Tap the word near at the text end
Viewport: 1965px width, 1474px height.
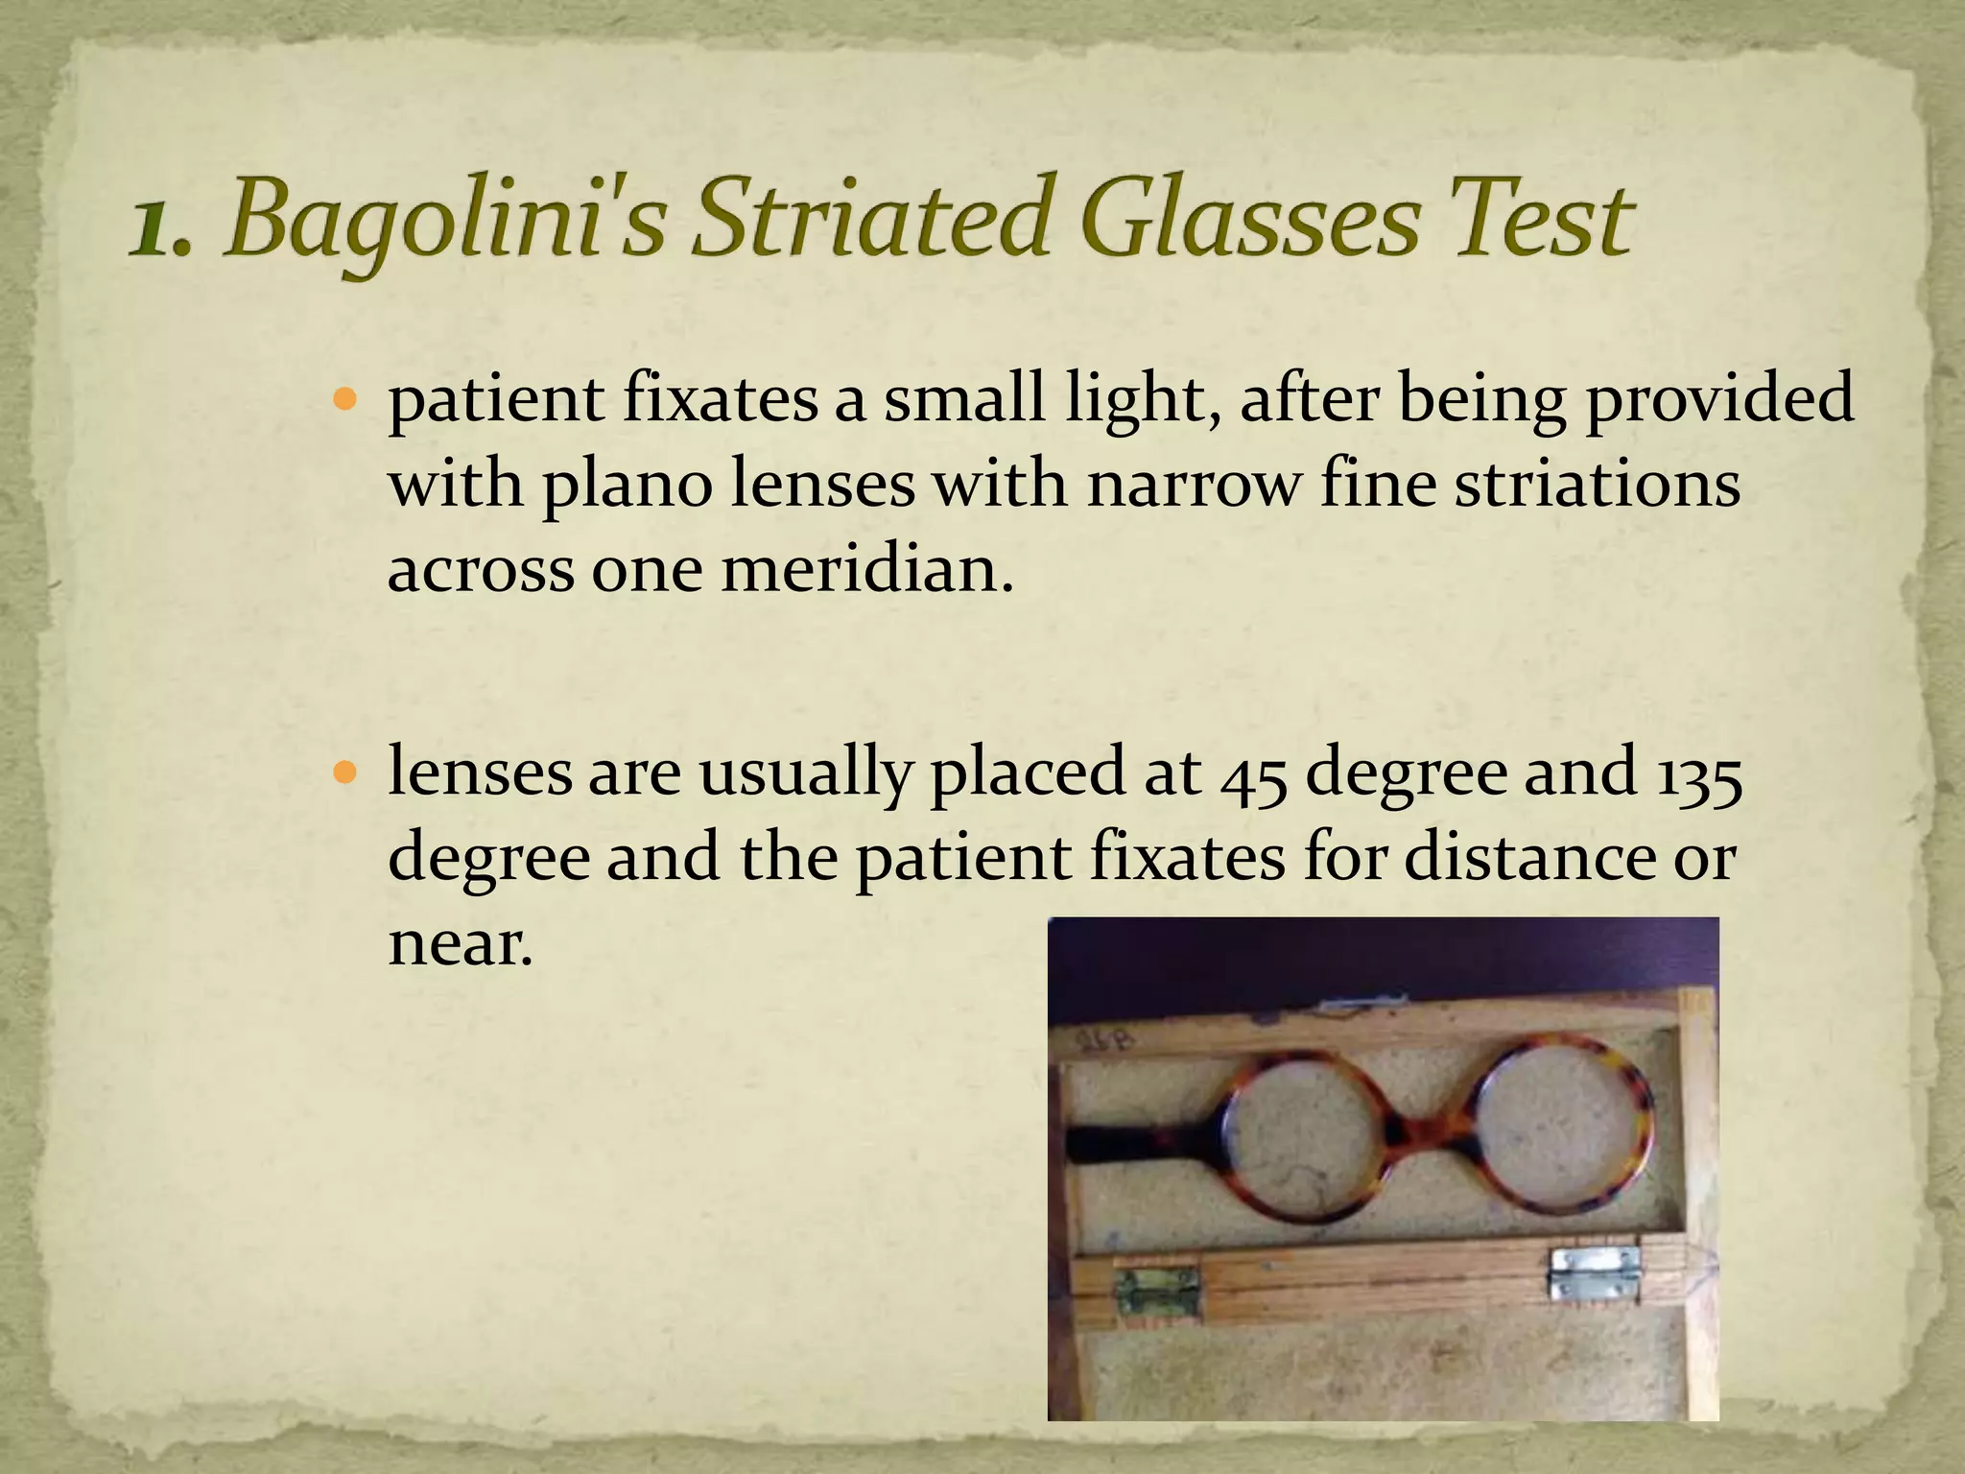click(x=459, y=943)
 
